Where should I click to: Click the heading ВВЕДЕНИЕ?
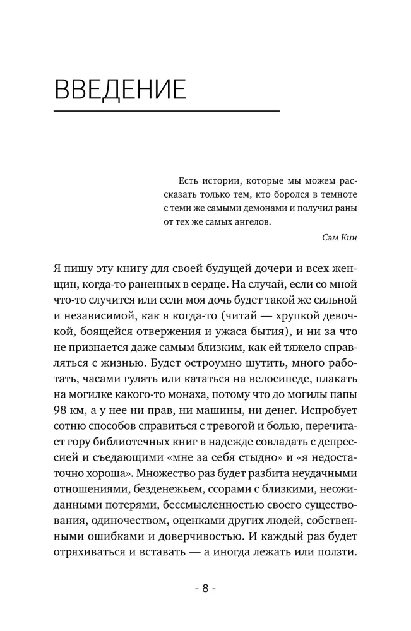click(x=120, y=90)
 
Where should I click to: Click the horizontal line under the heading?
click(x=167, y=112)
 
